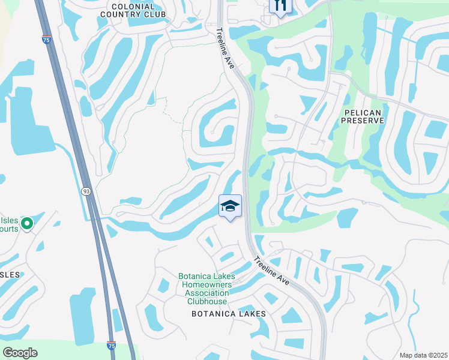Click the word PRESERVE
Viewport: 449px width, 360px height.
[362, 121]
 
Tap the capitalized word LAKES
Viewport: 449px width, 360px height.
[253, 314]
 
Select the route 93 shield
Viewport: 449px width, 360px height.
[86, 190]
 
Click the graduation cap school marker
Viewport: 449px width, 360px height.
[231, 206]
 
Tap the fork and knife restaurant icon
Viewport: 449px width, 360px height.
[279, 6]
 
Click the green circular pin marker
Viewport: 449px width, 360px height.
[26, 224]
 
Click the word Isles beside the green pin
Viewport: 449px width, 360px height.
[8, 220]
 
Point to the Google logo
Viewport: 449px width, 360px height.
[20, 352]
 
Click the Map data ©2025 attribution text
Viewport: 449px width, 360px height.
[423, 355]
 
